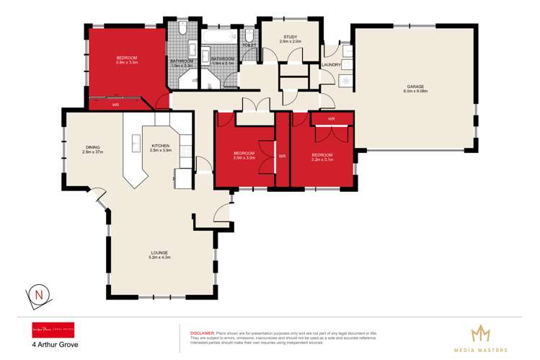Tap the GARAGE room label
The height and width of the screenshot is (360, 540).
415,87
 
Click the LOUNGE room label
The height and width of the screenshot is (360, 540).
160,252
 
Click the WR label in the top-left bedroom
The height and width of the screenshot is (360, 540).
115,105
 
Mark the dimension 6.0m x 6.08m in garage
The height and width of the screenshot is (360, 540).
415,92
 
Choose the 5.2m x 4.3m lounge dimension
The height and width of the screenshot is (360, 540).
160,258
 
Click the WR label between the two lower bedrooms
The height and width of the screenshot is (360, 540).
283,155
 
